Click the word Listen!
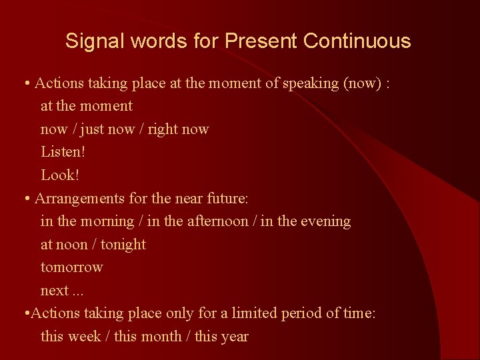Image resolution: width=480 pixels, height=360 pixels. (63, 152)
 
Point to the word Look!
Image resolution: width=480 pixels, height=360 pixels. (60, 175)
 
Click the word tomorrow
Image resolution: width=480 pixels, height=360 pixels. (72, 267)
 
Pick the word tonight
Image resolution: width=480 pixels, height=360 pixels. (123, 245)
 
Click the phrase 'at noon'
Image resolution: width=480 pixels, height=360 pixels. (64, 245)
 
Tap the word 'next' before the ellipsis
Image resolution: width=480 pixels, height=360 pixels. (54, 291)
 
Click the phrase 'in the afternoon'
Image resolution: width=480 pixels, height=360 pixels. (197, 221)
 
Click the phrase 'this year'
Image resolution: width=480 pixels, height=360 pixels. (221, 337)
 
